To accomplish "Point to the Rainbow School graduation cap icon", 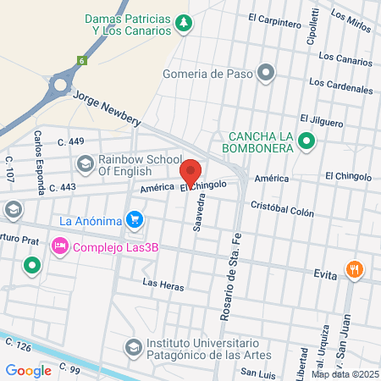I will (85, 163).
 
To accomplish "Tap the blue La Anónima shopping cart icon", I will (134, 221).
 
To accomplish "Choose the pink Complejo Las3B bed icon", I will (59, 247).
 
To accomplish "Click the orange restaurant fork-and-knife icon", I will (354, 271).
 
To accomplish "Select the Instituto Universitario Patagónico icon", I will (133, 347).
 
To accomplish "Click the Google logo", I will (29, 370).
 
